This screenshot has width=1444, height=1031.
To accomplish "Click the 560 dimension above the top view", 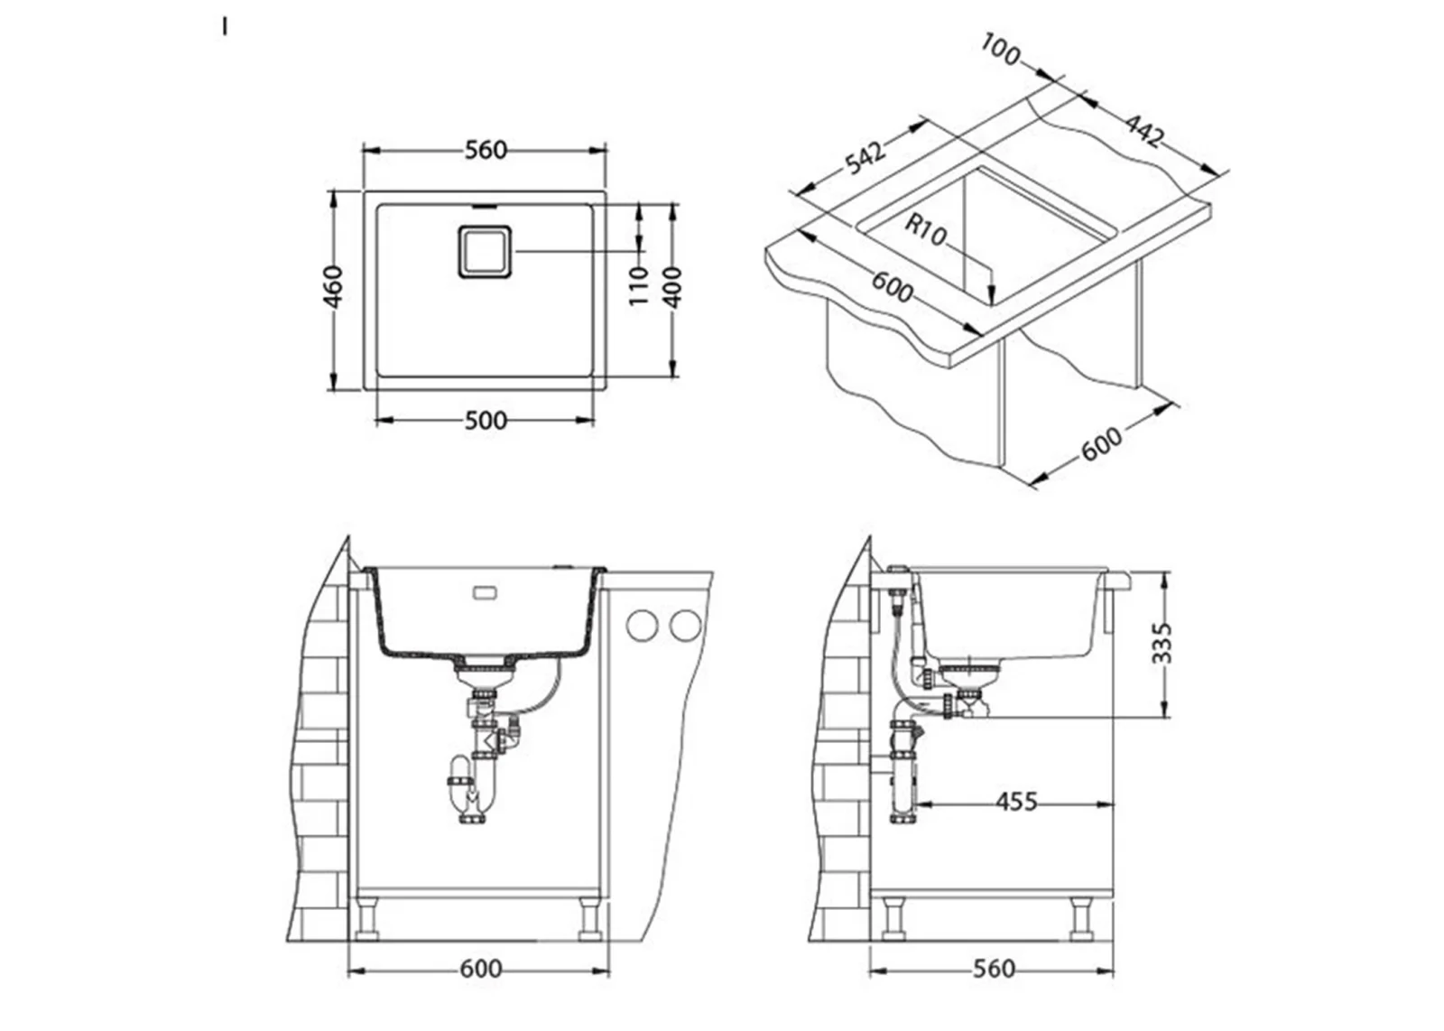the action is [486, 150].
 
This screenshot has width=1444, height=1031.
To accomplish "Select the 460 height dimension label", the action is [333, 287].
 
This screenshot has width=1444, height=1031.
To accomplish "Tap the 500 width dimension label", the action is [486, 421].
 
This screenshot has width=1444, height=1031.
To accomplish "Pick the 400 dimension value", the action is [672, 287].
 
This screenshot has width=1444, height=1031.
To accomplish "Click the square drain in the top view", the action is [485, 252].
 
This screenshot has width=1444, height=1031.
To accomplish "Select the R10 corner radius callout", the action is [926, 229].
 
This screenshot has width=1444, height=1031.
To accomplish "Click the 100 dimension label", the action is [1001, 50].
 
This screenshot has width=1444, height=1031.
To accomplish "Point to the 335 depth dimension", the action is [1162, 643].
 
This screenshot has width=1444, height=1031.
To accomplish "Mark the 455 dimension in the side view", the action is [1016, 802].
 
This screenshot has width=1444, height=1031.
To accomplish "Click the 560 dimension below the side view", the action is [994, 969].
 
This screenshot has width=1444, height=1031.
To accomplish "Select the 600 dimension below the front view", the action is [481, 969].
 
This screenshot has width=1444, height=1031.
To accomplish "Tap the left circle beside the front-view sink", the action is [642, 626].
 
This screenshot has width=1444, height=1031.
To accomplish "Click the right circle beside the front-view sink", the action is [685, 626].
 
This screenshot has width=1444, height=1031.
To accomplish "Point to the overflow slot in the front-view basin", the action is [484, 593].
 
